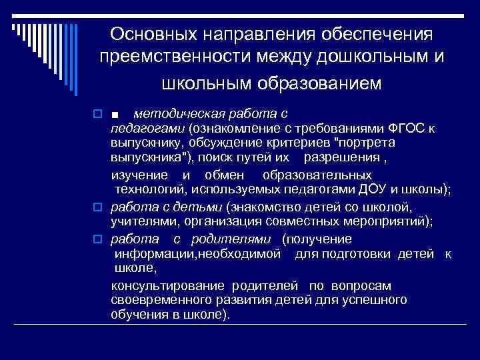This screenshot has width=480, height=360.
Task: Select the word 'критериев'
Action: pos(293,143)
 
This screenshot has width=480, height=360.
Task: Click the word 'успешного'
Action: pos(378,299)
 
